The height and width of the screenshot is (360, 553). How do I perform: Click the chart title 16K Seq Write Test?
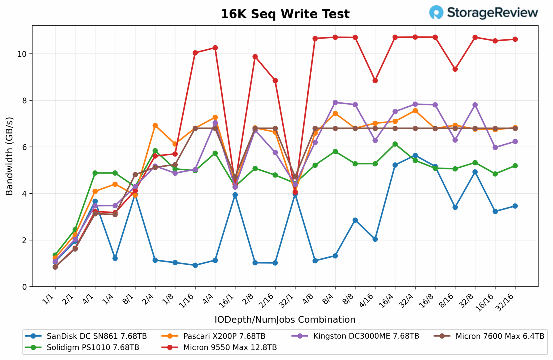click(285, 14)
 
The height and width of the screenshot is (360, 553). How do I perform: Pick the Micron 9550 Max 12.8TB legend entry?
click(219, 347)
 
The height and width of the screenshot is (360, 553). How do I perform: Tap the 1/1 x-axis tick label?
click(49, 299)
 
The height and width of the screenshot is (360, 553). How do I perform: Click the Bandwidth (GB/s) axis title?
click(10, 156)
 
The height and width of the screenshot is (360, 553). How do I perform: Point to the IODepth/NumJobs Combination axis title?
click(285, 320)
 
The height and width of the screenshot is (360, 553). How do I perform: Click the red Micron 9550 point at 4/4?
click(215, 48)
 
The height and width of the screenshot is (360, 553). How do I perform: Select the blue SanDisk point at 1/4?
click(115, 258)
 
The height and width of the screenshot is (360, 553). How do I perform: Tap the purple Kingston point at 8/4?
click(335, 102)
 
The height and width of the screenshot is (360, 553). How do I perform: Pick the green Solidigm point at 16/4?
click(395, 144)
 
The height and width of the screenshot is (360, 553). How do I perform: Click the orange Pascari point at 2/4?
click(155, 125)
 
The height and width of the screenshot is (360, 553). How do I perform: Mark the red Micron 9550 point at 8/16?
click(455, 69)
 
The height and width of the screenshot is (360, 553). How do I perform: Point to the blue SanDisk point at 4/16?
click(375, 239)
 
